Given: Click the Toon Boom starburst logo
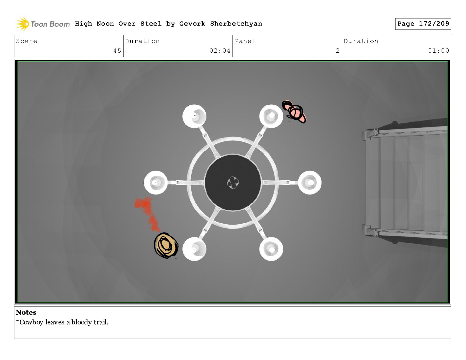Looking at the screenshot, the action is (x=23, y=24).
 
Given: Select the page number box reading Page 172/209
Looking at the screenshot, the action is (x=423, y=24).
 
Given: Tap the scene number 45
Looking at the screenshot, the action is (x=117, y=51).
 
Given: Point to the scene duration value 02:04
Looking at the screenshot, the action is (x=220, y=51).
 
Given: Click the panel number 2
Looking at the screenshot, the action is (x=337, y=51).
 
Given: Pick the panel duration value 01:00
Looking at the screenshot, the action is (x=438, y=51).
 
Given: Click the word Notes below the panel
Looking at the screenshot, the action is (x=26, y=312).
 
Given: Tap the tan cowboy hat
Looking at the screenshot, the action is (x=166, y=246).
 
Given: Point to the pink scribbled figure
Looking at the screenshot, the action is (x=294, y=112).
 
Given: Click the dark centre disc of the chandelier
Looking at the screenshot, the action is (x=233, y=182).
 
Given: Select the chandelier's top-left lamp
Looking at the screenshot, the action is (x=194, y=116).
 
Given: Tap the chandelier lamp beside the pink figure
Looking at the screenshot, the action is (x=271, y=116).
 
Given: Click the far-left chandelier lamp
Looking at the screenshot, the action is (x=156, y=183).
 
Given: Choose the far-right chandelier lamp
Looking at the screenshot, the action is (x=310, y=183).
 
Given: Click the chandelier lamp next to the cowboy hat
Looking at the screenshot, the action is (x=194, y=249).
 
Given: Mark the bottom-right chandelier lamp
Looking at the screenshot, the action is (x=271, y=249).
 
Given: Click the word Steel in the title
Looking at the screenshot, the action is (x=151, y=24).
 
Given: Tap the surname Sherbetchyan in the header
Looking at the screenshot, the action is (x=236, y=24).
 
